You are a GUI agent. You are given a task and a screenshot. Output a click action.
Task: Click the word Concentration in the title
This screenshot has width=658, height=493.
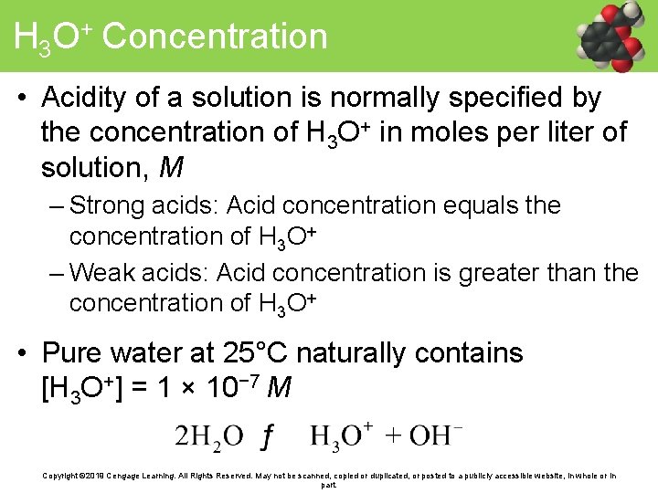(215, 37)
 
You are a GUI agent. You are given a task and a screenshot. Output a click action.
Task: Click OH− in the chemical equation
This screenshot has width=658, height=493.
(435, 435)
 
